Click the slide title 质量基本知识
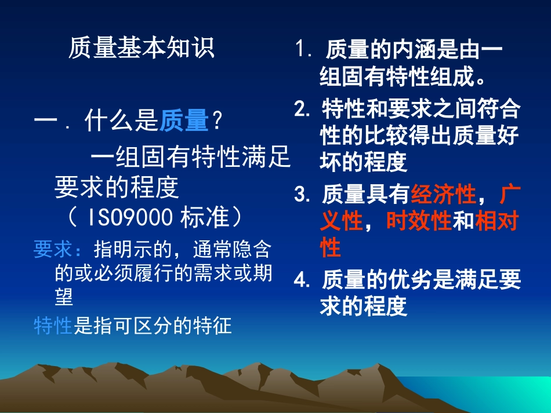[142, 48]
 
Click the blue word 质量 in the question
[183, 122]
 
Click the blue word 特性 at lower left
[53, 326]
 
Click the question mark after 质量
[217, 122]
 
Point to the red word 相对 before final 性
[496, 221]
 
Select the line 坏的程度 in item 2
[363, 163]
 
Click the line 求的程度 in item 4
[363, 306]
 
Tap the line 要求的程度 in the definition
[117, 187]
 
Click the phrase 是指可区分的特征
[152, 326]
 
